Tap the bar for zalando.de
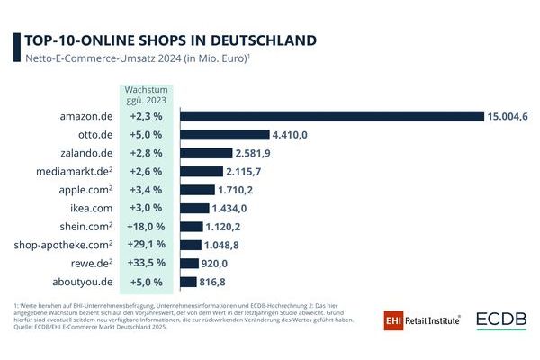206,153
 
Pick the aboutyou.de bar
188,282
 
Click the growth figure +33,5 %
145,264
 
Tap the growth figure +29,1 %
145,245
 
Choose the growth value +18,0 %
145,227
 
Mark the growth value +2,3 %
145,116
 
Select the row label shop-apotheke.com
60,245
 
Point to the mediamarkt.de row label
73,171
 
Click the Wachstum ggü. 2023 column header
145,95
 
